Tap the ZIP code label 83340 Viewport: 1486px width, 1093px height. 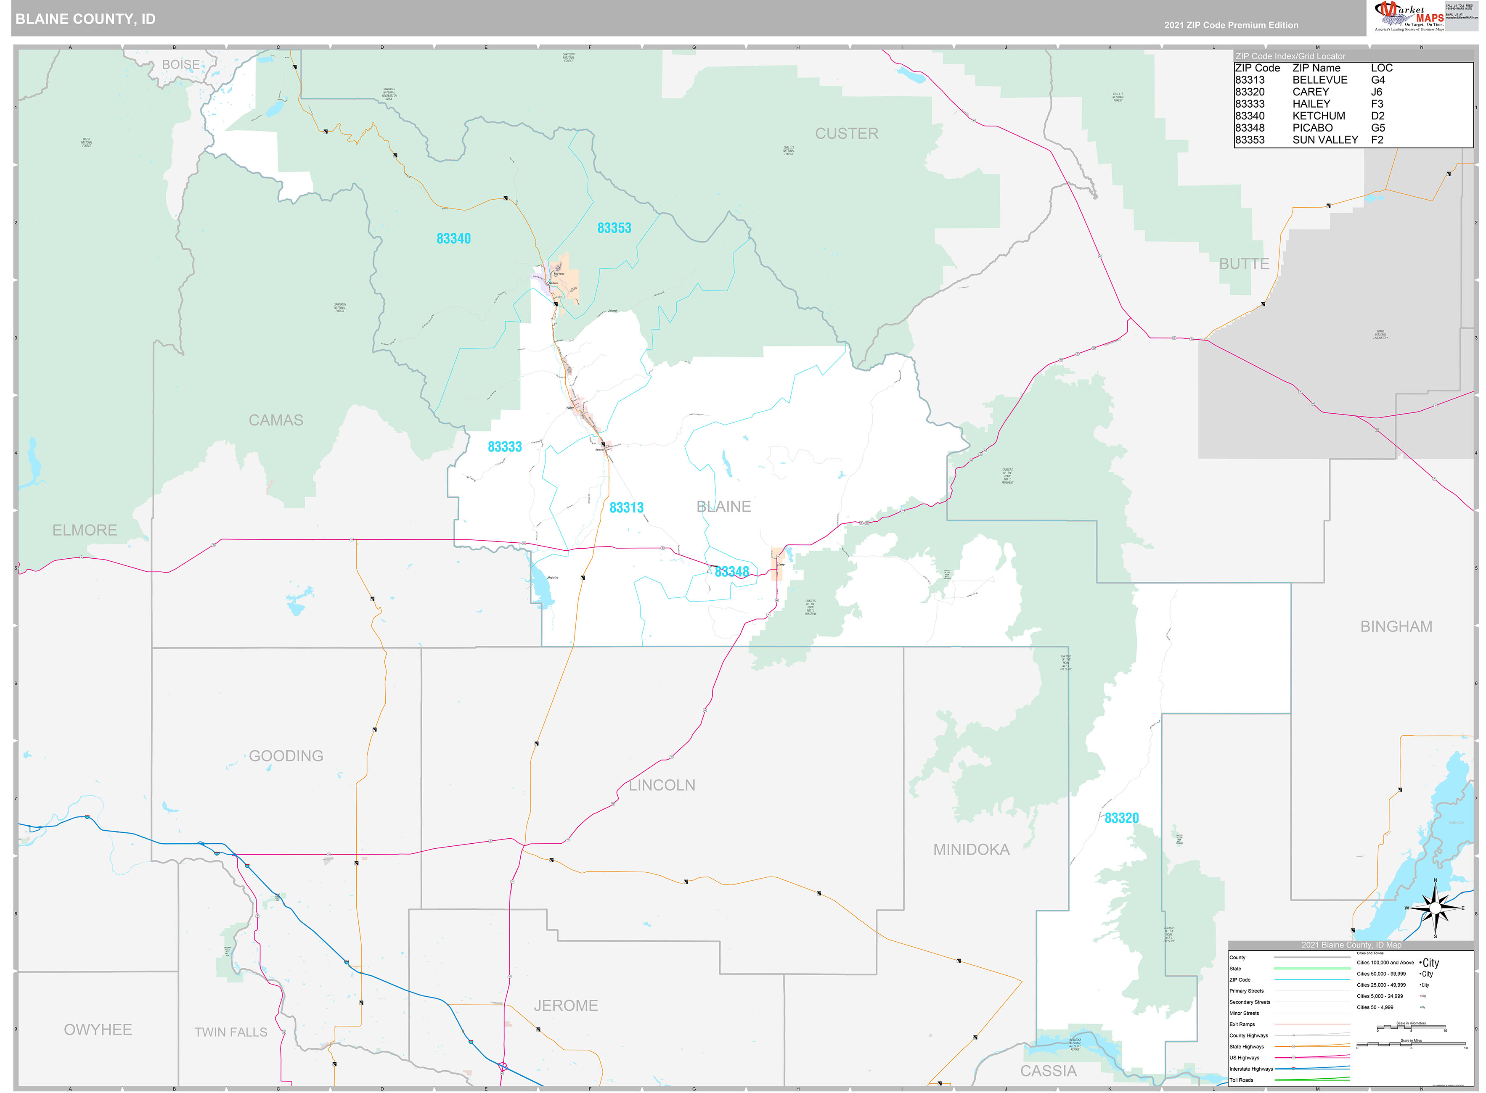point(453,239)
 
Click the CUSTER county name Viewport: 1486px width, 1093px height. point(847,134)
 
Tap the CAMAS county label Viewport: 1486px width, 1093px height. point(275,420)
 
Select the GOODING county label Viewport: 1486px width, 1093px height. point(286,755)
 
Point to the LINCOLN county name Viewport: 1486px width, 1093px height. point(662,785)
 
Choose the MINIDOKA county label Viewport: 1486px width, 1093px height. point(971,850)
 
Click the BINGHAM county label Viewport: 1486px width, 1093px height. point(1396,626)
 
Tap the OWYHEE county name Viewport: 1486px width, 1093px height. point(98,1030)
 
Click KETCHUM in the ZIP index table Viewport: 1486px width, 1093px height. point(1319,116)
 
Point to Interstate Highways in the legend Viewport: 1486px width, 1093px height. point(1251,1069)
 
